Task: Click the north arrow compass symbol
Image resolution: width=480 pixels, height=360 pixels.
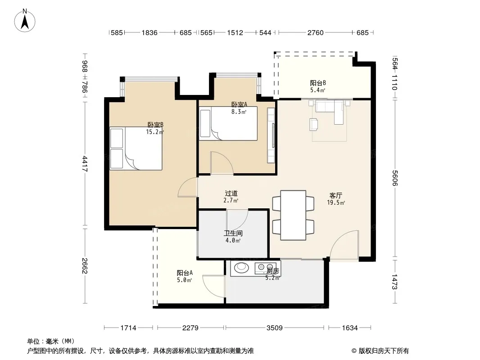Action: [x=25, y=21]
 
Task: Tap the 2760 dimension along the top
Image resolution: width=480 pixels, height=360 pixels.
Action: [x=315, y=33]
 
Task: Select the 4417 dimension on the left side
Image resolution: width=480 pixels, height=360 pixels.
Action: [x=85, y=164]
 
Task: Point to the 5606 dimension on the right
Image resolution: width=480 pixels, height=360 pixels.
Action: [x=394, y=178]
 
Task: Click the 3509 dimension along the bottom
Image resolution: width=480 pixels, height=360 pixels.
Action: [x=274, y=328]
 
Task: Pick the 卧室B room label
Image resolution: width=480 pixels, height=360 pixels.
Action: [x=155, y=125]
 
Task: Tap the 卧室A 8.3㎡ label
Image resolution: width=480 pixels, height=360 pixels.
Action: [x=239, y=108]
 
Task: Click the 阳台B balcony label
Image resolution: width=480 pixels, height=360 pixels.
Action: [x=318, y=83]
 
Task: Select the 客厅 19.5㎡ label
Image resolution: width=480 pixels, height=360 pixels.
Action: [x=336, y=199]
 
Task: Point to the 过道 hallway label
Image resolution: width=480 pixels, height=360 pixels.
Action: [x=231, y=193]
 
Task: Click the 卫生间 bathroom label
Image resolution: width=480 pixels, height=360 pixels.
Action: [x=233, y=234]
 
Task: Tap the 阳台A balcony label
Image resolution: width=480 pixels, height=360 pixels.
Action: [x=185, y=273]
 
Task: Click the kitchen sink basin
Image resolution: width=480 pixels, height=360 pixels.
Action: [x=241, y=267]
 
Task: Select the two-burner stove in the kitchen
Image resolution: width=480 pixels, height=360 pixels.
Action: [x=266, y=268]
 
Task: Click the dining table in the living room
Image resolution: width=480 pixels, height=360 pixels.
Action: [x=293, y=216]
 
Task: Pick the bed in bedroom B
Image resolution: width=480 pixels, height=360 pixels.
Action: [x=136, y=148]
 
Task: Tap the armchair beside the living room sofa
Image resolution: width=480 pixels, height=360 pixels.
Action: [x=314, y=125]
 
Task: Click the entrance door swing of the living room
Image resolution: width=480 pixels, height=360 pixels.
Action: [x=344, y=245]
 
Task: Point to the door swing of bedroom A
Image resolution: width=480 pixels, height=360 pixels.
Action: [x=222, y=163]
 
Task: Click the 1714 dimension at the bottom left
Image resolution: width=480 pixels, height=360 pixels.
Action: [x=128, y=328]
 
